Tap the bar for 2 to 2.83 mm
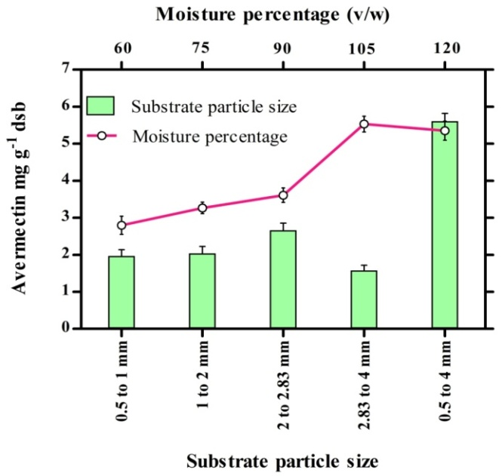(283, 280)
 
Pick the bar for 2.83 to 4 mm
(364, 299)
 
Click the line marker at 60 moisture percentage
(121, 225)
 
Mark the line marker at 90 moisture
(283, 195)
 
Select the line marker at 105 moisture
(364, 124)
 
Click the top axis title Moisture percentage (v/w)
(282, 13)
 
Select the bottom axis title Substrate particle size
(283, 460)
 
